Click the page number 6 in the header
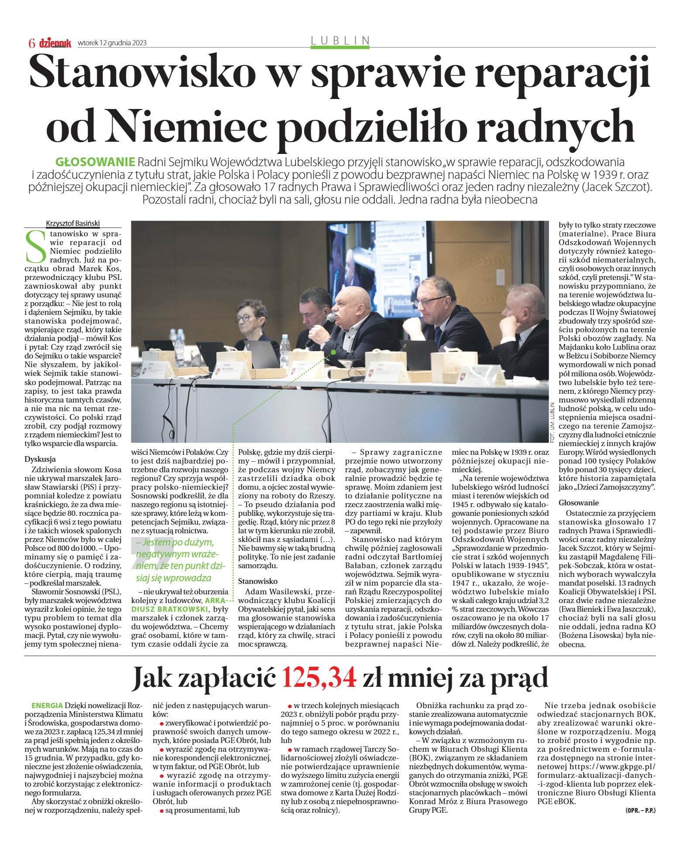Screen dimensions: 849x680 31,43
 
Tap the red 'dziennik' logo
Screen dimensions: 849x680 55,43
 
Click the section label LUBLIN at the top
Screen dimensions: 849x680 340,40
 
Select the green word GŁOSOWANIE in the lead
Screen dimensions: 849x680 96,162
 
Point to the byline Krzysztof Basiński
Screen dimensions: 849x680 73,223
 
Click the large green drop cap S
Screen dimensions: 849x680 36,247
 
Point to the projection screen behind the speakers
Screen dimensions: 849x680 378,266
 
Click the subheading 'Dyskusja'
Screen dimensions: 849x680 40,459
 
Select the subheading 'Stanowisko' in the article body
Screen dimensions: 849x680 258,581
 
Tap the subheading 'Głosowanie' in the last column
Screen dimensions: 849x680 579,503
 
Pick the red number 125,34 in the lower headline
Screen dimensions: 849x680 319,678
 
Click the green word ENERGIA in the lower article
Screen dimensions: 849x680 47,706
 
